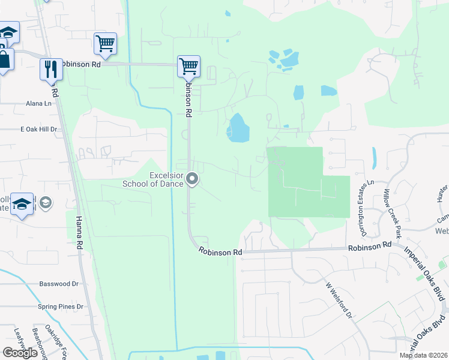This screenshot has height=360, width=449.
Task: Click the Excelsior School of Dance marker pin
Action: (x=193, y=179)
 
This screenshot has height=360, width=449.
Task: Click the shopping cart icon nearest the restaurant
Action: (x=105, y=43)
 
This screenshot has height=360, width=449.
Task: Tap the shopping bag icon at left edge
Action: (x=4, y=59)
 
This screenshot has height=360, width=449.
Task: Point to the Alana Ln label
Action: (x=38, y=103)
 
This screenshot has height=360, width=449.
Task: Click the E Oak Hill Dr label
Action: (x=38, y=129)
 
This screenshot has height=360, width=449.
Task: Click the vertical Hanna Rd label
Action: (x=79, y=233)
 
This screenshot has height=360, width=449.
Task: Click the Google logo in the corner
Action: (x=20, y=353)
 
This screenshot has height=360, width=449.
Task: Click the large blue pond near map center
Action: (x=238, y=128)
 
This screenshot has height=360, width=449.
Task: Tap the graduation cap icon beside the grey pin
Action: (x=22, y=205)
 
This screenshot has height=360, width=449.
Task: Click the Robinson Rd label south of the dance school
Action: (x=220, y=253)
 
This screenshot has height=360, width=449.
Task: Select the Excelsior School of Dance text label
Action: (x=153, y=179)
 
